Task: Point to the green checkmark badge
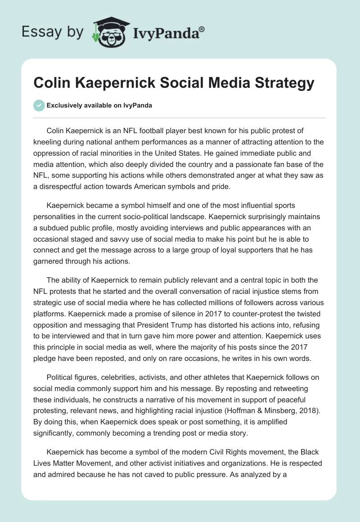point(39,105)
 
